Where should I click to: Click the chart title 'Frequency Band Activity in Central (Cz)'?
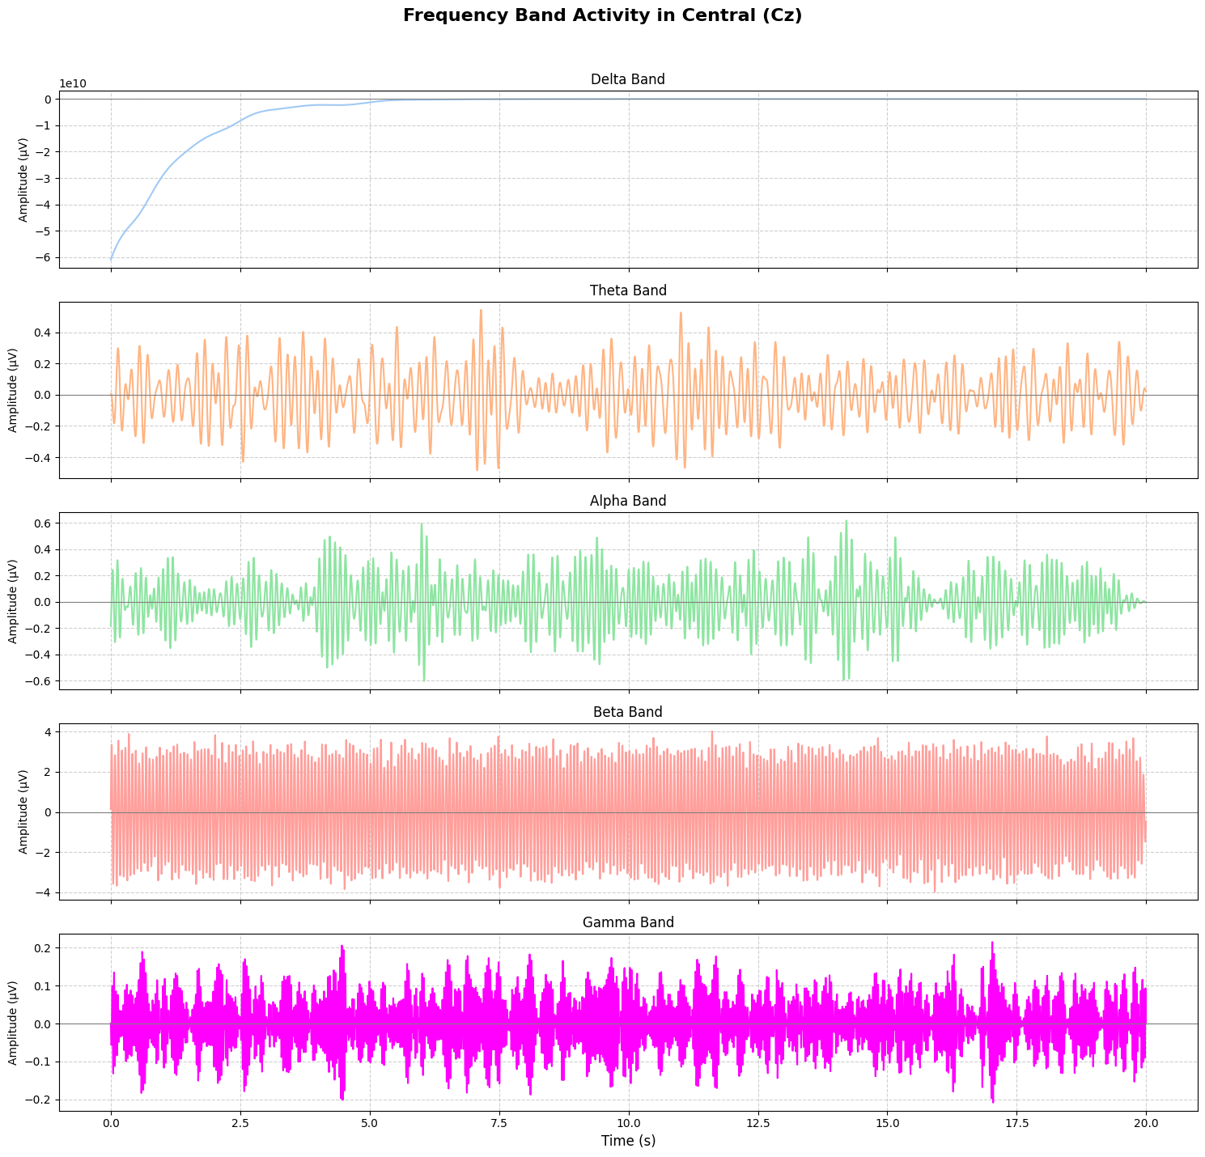602,15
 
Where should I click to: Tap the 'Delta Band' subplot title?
628,79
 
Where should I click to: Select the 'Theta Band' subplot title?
628,290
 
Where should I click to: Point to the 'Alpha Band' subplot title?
628,501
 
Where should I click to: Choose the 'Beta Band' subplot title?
628,712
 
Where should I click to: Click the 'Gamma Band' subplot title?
628,922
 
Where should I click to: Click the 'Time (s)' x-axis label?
628,1141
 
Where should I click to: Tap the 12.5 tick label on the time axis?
757,1122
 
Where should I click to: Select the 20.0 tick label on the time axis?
1145,1122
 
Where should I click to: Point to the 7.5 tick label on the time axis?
499,1122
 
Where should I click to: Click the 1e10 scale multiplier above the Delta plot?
72,84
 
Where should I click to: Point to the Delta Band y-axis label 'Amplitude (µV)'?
23,179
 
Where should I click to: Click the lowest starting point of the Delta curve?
112,259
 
